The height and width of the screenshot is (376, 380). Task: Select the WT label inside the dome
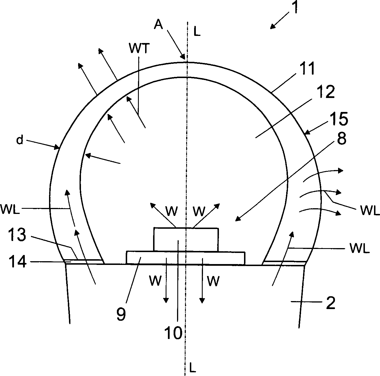(139, 49)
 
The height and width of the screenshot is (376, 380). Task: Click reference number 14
(18, 261)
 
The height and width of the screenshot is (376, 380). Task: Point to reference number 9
(121, 314)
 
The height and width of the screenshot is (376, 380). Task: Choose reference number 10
(174, 333)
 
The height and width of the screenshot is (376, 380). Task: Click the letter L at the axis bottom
(193, 369)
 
